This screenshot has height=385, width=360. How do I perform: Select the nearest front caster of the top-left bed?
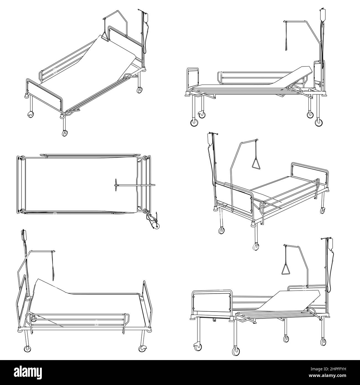point(65,133)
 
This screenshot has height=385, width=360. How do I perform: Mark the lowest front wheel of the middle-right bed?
point(256,247)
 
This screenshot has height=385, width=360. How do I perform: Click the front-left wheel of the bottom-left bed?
point(27,349)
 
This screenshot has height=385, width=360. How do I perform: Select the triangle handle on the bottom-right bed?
point(286,269)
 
